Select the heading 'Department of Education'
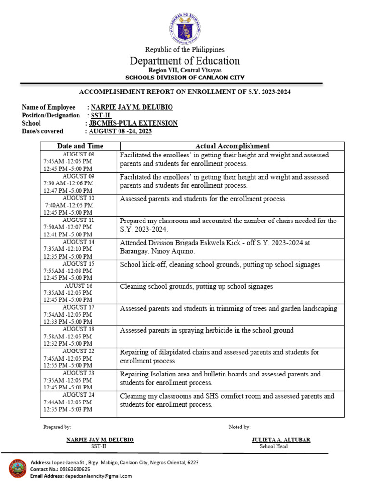[185, 61]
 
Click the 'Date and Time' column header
[80, 146]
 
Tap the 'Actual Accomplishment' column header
[232, 146]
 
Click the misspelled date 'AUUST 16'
[79, 285]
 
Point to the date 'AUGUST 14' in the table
[79, 242]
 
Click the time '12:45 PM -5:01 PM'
[68, 387]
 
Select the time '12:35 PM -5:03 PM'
[68, 409]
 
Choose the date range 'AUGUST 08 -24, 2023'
[120, 131]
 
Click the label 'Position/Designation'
[51, 115]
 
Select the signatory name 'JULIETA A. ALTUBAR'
[281, 440]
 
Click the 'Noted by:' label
[239, 427]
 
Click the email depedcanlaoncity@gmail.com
[98, 476]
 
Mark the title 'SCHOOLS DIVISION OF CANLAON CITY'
[185, 78]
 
